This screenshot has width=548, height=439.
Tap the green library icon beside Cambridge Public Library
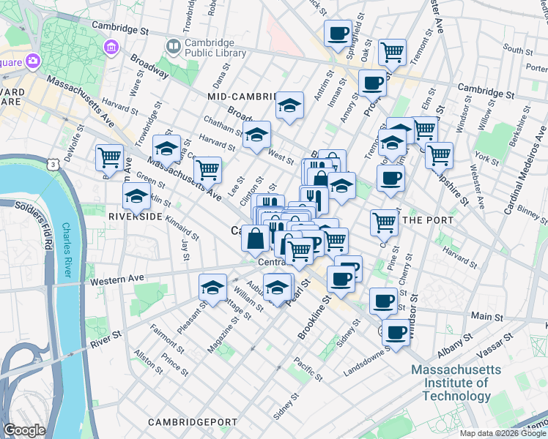tap(173, 47)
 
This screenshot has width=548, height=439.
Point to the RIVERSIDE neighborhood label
tap(136, 217)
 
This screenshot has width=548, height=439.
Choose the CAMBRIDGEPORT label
tap(193, 422)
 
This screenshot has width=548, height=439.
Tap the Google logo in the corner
tap(24, 430)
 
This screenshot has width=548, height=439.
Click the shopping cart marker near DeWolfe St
tap(109, 157)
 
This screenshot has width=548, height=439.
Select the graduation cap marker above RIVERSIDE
tap(136, 196)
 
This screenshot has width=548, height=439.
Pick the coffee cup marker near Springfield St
tap(338, 34)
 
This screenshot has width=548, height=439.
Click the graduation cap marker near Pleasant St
tap(212, 286)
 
